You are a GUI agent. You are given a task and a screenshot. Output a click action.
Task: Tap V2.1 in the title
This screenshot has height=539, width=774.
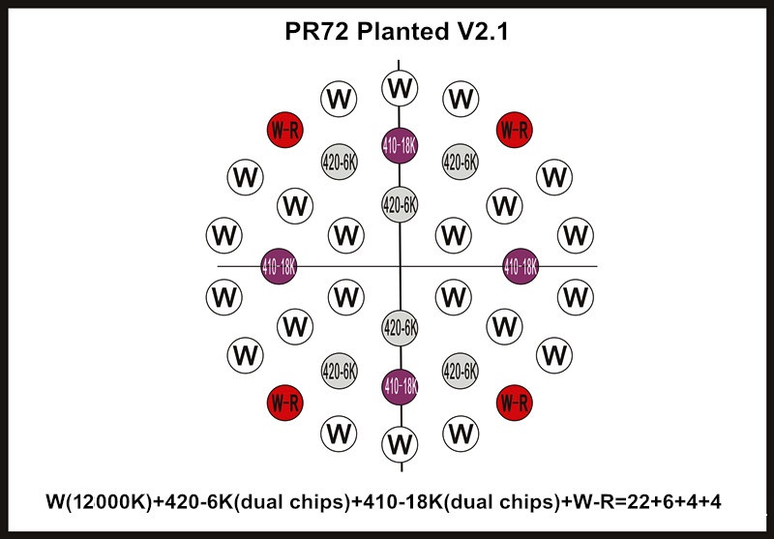coord(479,32)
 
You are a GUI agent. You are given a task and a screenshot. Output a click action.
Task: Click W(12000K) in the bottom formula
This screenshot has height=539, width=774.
coord(99,502)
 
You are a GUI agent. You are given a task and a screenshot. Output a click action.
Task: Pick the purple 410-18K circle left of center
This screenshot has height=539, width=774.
coord(279,266)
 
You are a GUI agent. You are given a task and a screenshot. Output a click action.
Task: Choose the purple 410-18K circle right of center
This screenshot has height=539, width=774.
coord(521,266)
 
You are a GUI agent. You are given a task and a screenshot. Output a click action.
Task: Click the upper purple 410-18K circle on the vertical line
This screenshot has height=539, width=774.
coord(400,145)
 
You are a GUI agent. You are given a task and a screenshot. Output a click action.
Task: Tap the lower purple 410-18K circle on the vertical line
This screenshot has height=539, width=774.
coord(400,386)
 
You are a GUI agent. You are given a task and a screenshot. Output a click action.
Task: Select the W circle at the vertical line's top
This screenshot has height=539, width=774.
coord(400,88)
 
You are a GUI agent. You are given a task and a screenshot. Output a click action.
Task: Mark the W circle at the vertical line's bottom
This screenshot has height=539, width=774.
coord(400,444)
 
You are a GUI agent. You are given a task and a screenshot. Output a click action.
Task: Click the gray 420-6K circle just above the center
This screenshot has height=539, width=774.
coord(400,204)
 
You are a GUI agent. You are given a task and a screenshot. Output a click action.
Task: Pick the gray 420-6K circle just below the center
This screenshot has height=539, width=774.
coord(400,328)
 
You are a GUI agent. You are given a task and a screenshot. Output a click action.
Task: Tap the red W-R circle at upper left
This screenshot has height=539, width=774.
coord(284,130)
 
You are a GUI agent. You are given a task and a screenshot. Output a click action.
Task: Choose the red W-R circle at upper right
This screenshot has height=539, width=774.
coord(515,130)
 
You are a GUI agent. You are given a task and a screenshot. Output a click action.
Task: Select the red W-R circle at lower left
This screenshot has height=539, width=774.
coord(284,403)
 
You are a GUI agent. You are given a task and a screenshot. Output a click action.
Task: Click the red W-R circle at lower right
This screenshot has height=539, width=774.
coord(515,403)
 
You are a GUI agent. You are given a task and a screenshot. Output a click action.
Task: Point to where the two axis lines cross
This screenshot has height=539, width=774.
coord(400,266)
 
